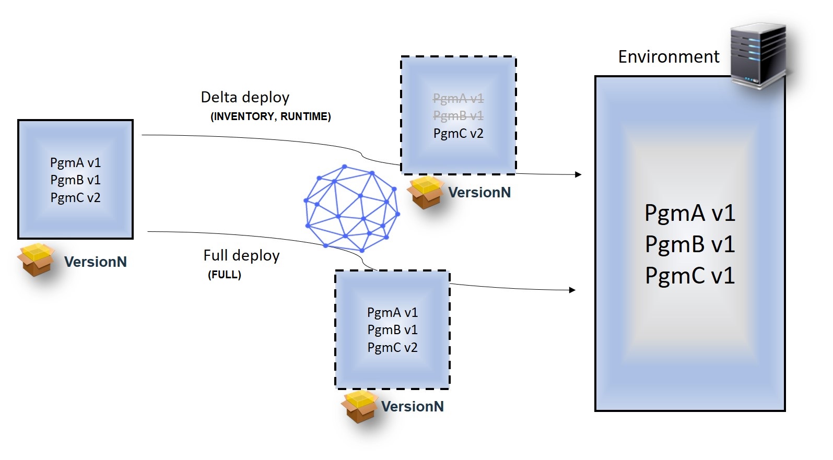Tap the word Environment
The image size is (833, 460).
668,56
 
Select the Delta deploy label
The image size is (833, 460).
245,97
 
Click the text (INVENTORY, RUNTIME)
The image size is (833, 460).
271,116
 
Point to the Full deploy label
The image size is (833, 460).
241,255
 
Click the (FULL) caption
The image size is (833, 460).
225,275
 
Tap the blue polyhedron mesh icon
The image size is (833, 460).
351,208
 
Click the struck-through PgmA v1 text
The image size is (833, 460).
458,98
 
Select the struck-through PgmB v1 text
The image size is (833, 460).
458,115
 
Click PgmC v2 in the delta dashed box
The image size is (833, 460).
458,133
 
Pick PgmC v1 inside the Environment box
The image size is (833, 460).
689,276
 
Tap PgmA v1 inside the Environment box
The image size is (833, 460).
689,213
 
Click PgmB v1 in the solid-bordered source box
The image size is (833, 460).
75,180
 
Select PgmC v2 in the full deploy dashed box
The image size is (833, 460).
392,347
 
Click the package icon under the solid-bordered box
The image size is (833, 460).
36,260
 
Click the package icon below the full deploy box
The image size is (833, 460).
360,406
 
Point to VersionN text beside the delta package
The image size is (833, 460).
479,193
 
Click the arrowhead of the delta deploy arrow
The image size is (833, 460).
578,174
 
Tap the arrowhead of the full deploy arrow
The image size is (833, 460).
572,290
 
